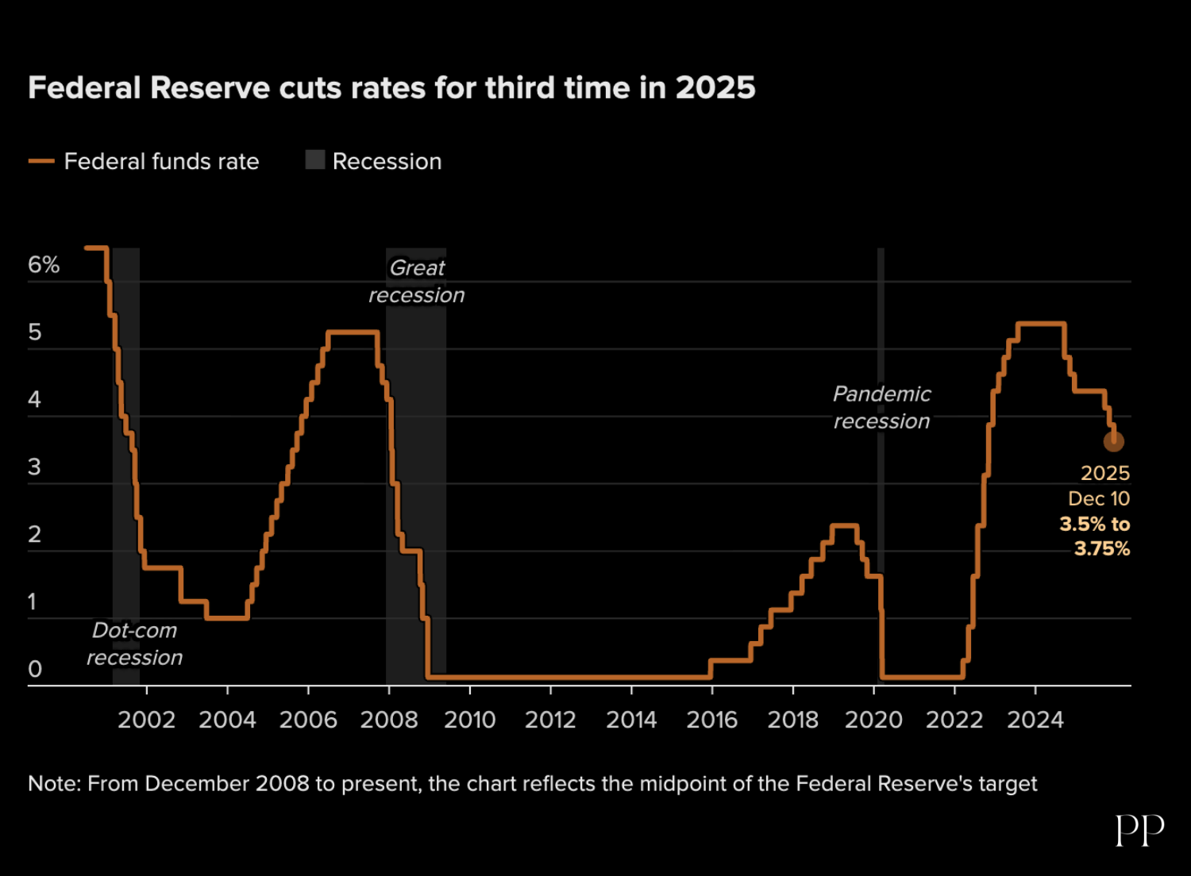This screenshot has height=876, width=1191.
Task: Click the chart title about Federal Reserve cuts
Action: click(391, 88)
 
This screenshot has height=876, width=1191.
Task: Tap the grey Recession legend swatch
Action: click(315, 160)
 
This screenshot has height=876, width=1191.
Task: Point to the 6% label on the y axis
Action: click(44, 265)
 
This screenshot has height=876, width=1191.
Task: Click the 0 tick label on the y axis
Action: click(35, 670)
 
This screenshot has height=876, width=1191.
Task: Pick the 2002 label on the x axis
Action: click(146, 720)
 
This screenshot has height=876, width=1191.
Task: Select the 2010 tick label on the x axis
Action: click(469, 720)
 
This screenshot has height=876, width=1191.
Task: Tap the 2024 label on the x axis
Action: click(1035, 720)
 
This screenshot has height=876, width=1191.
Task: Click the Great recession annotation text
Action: click(417, 282)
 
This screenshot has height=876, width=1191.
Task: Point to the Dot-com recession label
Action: click(135, 644)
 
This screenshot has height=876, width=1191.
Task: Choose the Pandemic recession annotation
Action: click(881, 408)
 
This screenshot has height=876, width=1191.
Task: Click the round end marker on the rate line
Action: click(1113, 441)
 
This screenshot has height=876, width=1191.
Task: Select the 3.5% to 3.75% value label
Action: click(1096, 536)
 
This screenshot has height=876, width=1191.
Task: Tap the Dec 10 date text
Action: click(1098, 498)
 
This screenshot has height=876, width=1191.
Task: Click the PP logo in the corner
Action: click(1139, 831)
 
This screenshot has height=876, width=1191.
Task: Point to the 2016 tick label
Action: click(711, 720)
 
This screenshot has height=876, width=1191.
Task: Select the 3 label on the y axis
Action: click(34, 467)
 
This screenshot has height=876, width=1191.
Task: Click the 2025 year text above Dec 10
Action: click(1104, 473)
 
